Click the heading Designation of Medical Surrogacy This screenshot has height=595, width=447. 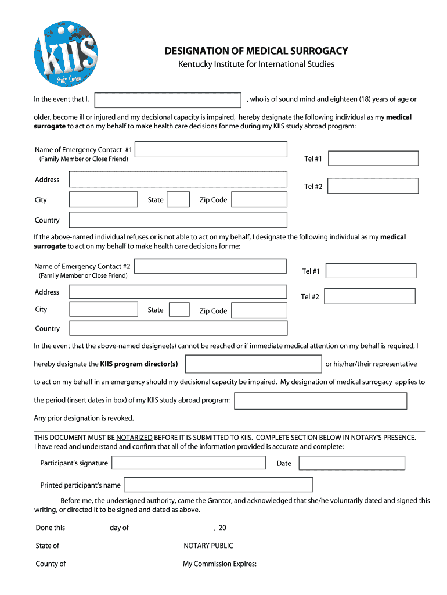pos(256,51)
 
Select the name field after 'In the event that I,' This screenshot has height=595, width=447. pos(168,100)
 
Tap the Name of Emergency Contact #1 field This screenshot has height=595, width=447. pos(211,150)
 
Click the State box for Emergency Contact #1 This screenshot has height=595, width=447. pos(179,200)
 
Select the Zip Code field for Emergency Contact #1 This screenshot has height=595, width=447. pos(259,200)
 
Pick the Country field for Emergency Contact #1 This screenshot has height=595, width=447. pos(178,220)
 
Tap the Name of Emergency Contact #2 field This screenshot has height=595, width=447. pos(211,266)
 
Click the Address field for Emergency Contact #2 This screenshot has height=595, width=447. pos(178,292)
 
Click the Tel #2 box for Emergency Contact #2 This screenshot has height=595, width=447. pos(370,296)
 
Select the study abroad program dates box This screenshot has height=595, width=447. pos(320,401)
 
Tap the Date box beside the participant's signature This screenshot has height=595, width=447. pos(352,463)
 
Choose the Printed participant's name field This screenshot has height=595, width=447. pos(218,485)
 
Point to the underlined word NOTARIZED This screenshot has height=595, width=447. pos(134,438)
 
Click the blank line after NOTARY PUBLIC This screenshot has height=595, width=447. pos(302,546)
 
